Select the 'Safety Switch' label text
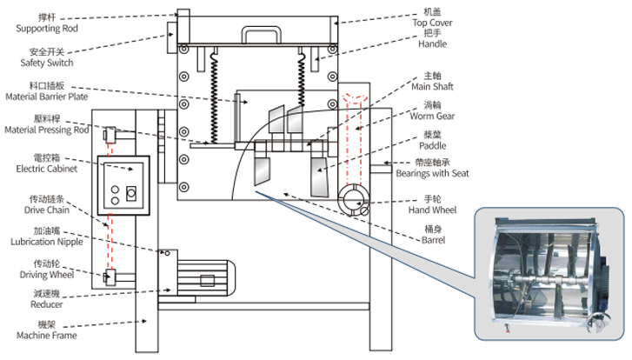click(x=48, y=63)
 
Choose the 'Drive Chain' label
click(x=48, y=209)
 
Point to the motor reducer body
click(x=207, y=279)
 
